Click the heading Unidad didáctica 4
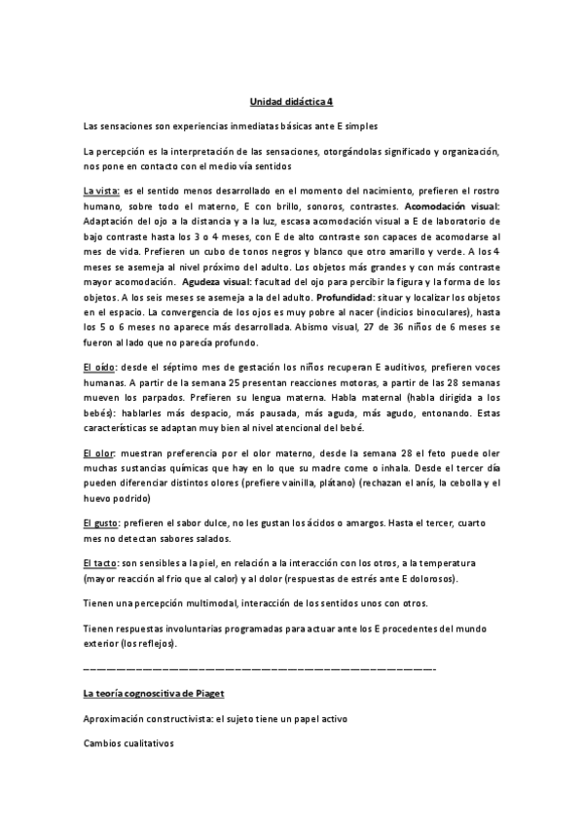[x=290, y=100]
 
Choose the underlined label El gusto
[x=101, y=523]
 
